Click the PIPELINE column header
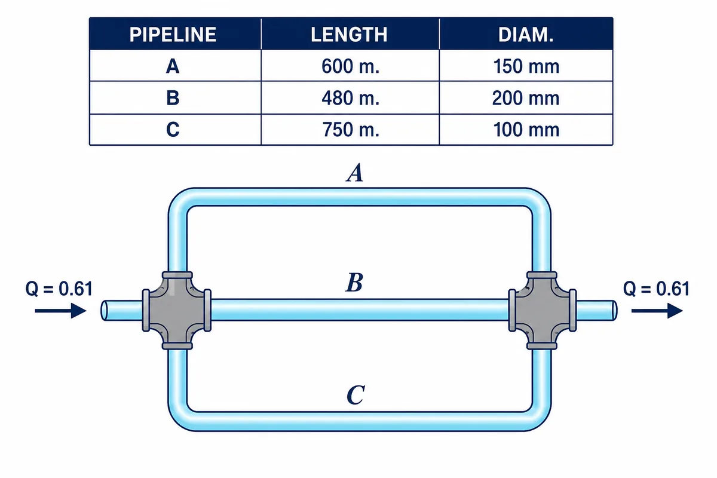coord(173,34)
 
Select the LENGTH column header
coord(349,34)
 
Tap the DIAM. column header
coord(526,34)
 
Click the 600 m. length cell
coord(351,66)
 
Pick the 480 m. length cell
coord(351,98)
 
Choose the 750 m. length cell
coord(351,130)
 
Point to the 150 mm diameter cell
coord(526,66)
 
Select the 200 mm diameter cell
coord(526,98)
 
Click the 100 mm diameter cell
coord(526,130)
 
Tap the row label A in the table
coord(173,66)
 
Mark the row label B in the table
coord(173,98)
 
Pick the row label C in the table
coord(173,130)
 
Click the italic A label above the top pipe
coord(355,173)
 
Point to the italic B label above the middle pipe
coord(354,283)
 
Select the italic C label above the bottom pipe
coord(356,395)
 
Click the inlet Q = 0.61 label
coord(59,289)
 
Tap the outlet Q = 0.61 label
coord(656,289)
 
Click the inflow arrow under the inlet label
coord(60,311)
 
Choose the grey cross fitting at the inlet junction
coord(177,310)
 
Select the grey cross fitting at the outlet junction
coord(543,310)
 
